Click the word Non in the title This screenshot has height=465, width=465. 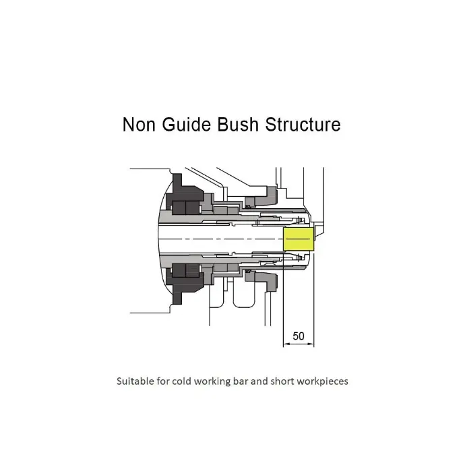[x=139, y=124]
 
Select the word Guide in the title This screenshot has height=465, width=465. [x=186, y=124]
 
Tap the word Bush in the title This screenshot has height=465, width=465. [x=238, y=124]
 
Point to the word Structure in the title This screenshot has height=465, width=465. [x=303, y=124]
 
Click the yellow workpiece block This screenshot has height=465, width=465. [x=299, y=239]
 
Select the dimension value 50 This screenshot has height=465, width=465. [x=299, y=336]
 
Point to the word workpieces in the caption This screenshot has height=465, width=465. [x=322, y=381]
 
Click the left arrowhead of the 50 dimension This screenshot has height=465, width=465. [x=286, y=344]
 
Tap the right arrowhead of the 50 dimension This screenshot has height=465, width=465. [x=311, y=344]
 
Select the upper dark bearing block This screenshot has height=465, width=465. [x=184, y=195]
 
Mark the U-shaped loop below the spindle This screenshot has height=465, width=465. [x=244, y=305]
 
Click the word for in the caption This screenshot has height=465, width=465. [x=163, y=381]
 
